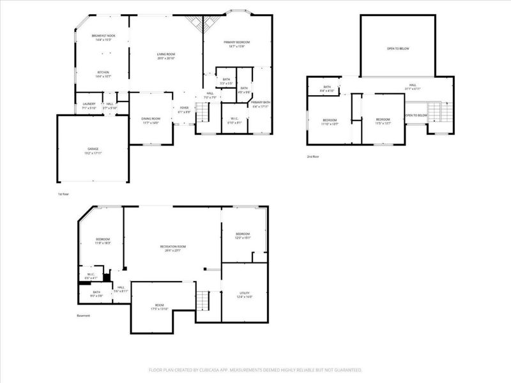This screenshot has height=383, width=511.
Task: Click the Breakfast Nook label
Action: point(102,36)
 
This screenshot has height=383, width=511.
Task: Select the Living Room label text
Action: point(166,54)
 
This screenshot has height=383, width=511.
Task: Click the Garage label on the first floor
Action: point(93,149)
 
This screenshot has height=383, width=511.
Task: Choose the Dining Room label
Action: point(151,119)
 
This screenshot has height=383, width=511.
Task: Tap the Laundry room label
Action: point(89,104)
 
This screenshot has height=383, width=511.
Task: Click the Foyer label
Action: point(184,108)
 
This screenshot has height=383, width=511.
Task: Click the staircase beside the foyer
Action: point(202,113)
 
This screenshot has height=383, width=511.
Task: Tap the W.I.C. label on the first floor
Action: point(234,119)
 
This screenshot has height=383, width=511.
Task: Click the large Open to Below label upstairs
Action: point(397,48)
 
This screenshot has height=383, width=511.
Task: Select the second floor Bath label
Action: point(327,87)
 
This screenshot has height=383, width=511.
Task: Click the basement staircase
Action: point(202,297)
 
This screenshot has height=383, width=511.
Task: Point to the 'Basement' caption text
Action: point(84,315)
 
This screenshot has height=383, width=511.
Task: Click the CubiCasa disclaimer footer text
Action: point(255,370)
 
